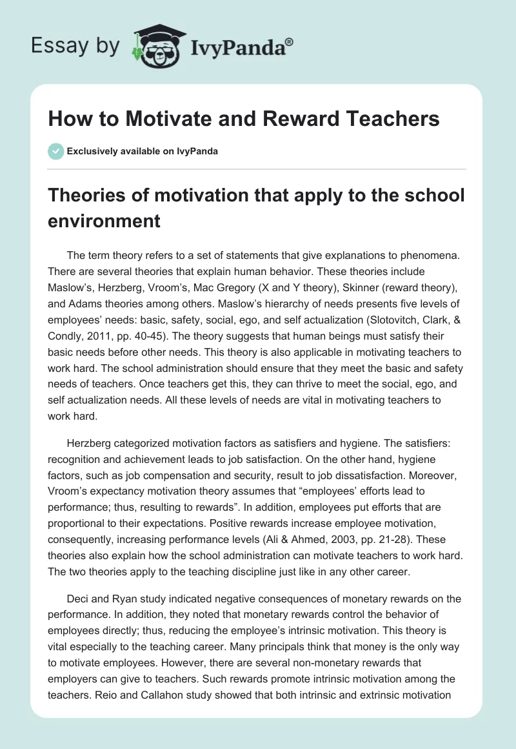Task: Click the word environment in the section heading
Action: click(x=104, y=221)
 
